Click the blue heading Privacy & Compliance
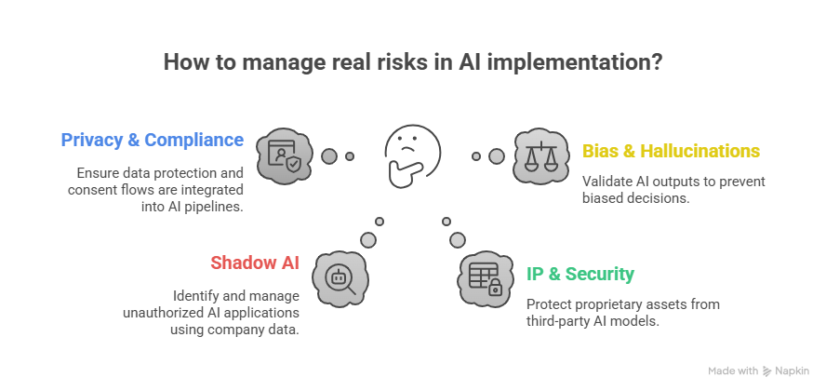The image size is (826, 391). point(153,141)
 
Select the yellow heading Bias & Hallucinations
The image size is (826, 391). point(671,151)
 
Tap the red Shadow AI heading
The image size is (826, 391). point(255,262)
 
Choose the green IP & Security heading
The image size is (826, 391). point(580,274)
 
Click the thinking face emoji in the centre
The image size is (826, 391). point(406,151)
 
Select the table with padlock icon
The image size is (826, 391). point(485,276)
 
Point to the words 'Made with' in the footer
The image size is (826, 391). point(733,371)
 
